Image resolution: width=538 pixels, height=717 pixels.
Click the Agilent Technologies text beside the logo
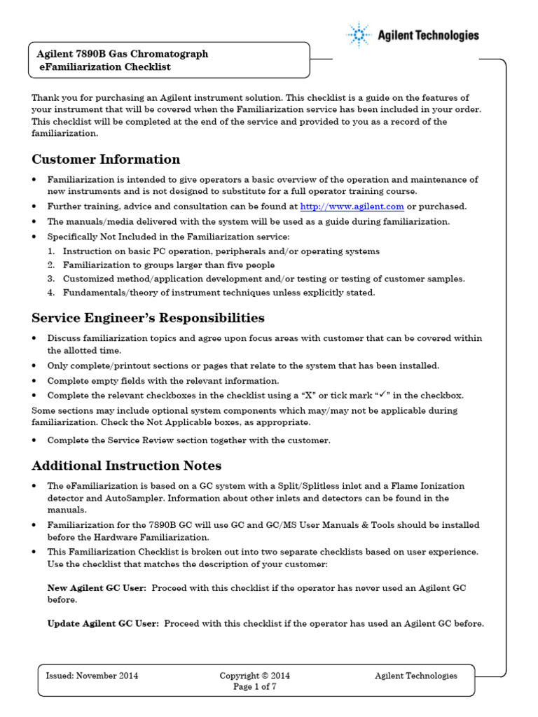point(428,35)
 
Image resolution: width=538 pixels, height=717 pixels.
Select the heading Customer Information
point(106,159)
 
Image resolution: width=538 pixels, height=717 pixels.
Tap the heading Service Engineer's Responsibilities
point(148,318)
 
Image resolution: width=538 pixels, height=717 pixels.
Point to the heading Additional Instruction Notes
point(127,466)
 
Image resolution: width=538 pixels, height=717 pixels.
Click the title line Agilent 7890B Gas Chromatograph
point(122,54)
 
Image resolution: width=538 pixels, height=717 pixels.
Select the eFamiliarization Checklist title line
point(104,67)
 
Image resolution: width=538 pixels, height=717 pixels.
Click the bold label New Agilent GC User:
point(97,589)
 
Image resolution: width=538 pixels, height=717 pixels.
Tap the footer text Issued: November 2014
point(92,676)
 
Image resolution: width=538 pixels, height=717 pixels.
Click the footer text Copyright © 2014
point(254,676)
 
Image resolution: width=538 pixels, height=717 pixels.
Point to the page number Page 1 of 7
point(255,687)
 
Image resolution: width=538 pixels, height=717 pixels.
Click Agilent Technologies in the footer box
point(415,676)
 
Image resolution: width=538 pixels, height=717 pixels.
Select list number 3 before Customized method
point(51,279)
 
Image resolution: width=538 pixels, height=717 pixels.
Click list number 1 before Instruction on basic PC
point(51,251)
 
